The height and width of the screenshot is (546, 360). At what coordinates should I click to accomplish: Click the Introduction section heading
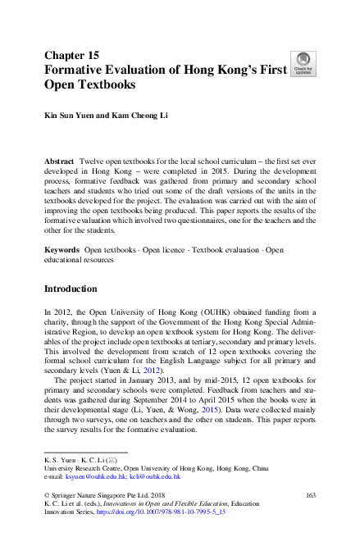(71, 289)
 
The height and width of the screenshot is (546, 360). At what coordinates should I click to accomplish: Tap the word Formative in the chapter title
(74, 70)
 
